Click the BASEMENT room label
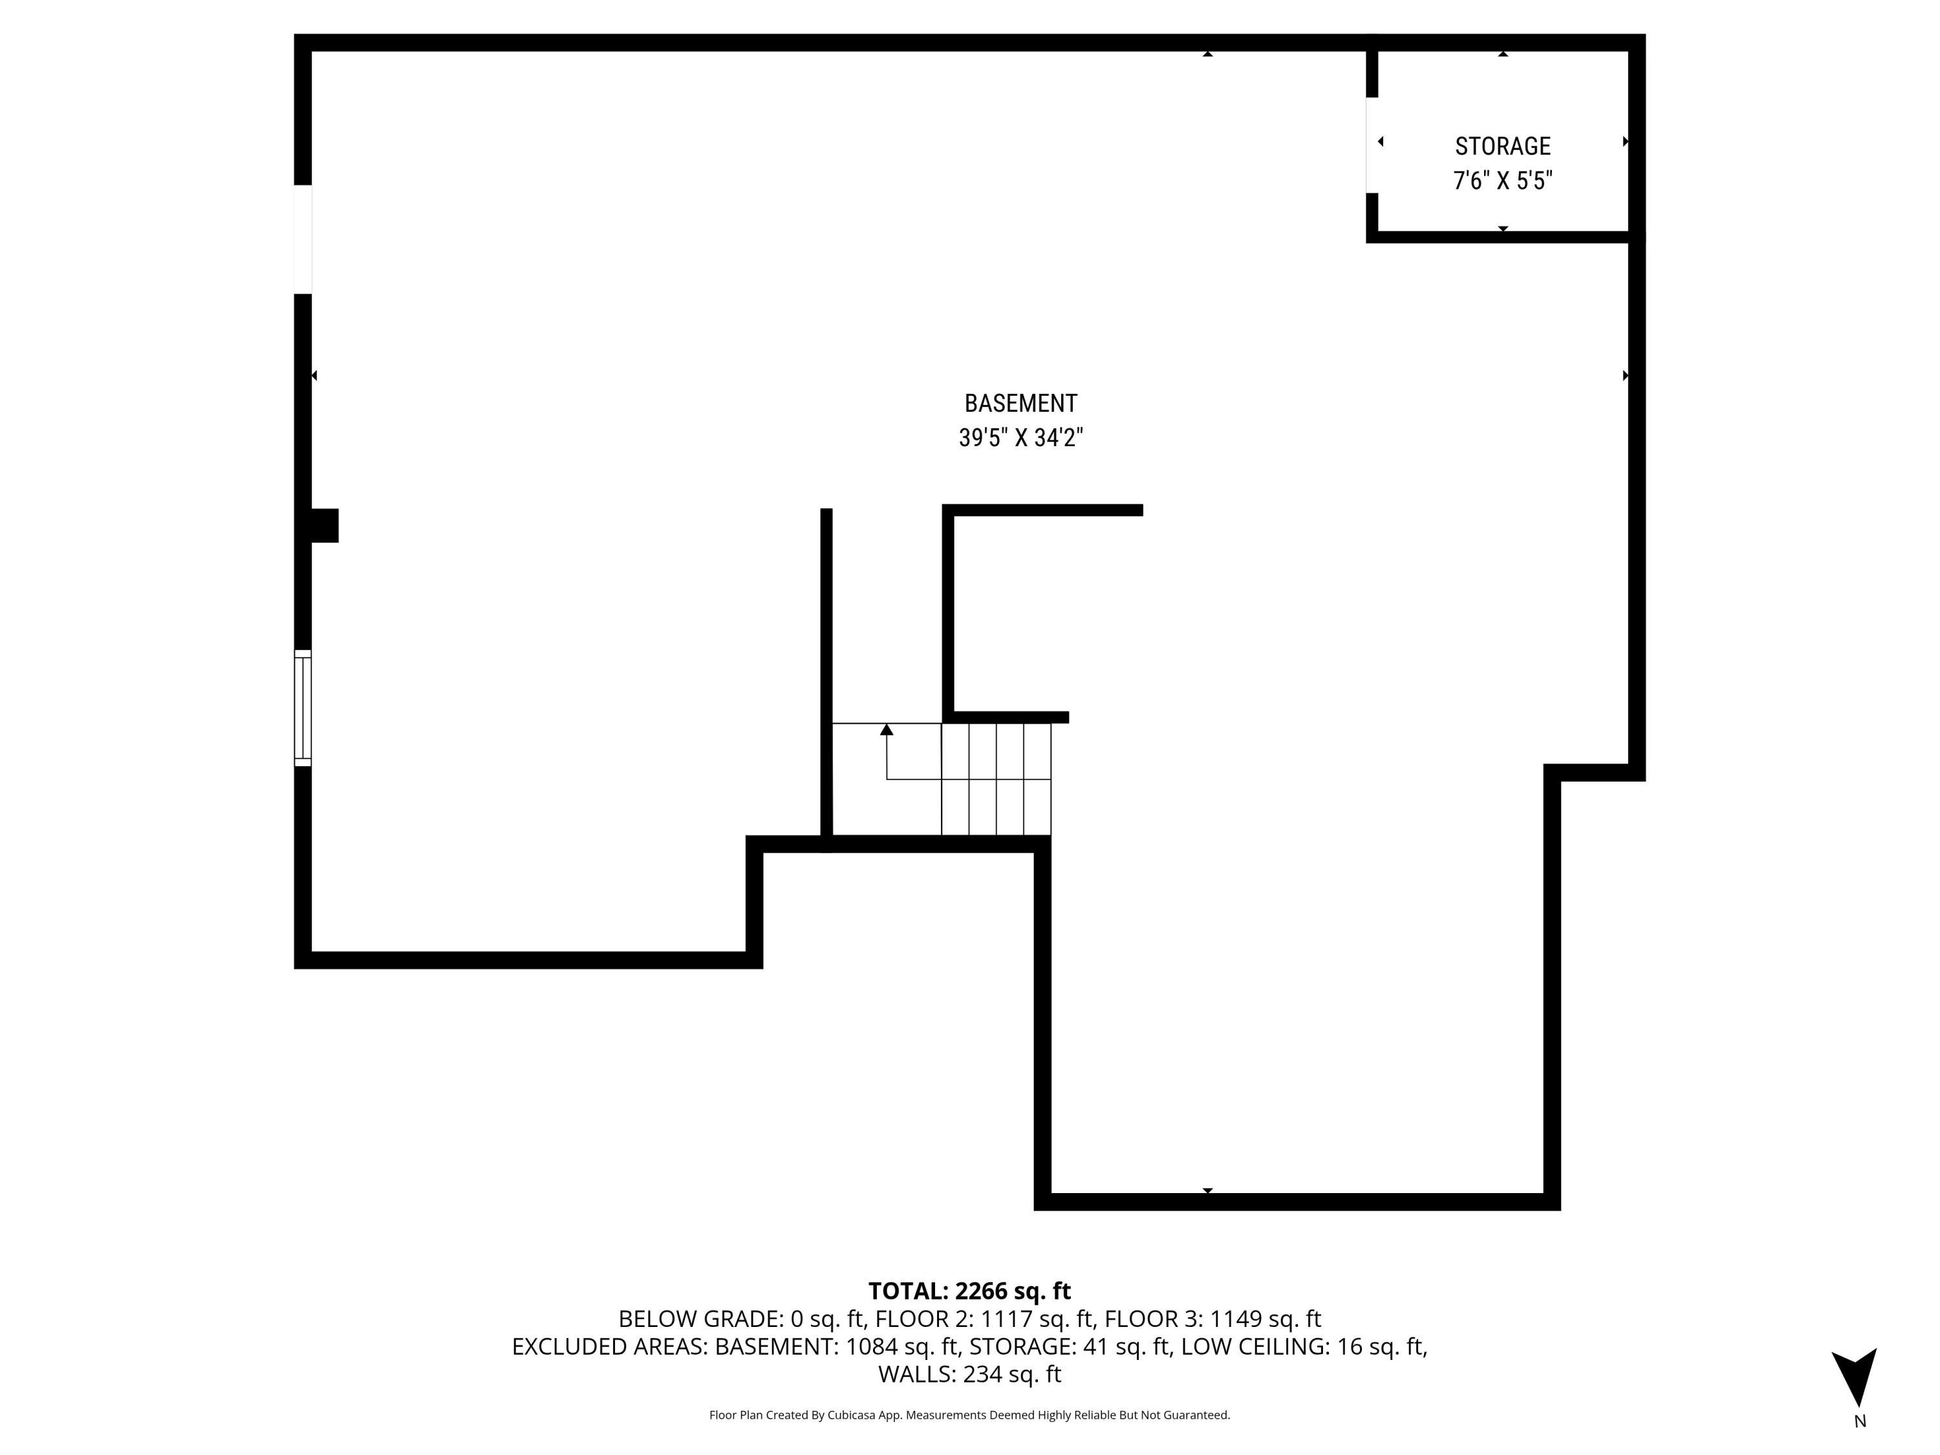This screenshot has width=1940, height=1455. (x=1020, y=404)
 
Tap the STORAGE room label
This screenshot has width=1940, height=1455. (x=1502, y=146)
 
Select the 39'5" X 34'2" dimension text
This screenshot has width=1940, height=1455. (x=1020, y=438)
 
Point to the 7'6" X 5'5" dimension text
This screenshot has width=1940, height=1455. (x=1502, y=180)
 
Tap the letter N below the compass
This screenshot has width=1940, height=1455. (x=1859, y=1421)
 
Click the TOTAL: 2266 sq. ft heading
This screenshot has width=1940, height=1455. (x=969, y=1291)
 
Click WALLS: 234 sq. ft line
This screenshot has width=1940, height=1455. (x=969, y=1374)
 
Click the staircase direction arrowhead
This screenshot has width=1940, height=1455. (x=887, y=729)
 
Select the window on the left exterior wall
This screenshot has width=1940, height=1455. (x=303, y=707)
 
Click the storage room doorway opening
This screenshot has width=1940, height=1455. (x=1372, y=145)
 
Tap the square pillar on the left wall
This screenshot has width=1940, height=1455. (x=323, y=525)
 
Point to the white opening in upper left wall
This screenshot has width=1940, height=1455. (x=303, y=239)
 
